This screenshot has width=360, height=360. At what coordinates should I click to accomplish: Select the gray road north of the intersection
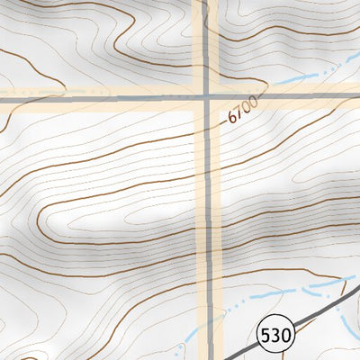(206, 45)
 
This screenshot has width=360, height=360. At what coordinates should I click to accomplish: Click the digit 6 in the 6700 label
(232, 119)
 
